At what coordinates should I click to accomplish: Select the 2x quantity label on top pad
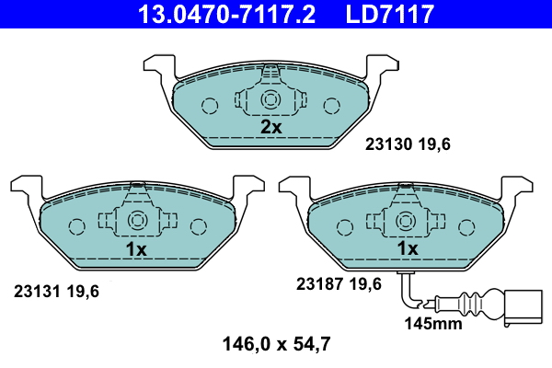(x=270, y=128)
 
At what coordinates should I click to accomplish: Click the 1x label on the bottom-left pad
(x=136, y=249)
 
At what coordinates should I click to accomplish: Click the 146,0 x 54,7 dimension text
(x=275, y=346)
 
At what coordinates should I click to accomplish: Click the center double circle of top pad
(x=270, y=99)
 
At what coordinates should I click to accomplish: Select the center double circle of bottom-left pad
(x=136, y=221)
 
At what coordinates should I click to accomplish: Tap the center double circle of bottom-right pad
(x=405, y=221)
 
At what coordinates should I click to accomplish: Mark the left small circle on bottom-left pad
(x=75, y=225)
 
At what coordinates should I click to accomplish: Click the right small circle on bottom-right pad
(x=466, y=225)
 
